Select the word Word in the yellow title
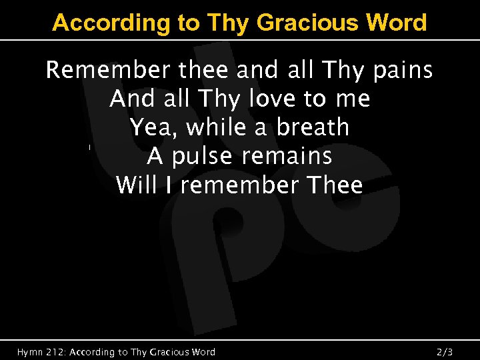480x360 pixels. [397, 23]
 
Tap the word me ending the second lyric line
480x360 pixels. [353, 99]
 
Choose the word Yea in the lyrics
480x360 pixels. [146, 127]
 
